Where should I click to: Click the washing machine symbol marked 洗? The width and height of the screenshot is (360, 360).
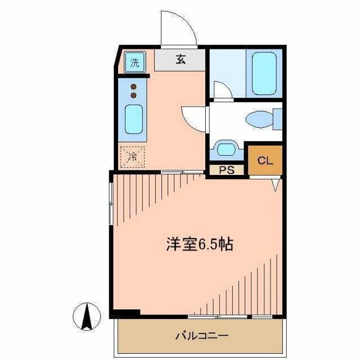[x=135, y=62]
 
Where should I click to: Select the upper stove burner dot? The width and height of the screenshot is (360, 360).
[x=134, y=87]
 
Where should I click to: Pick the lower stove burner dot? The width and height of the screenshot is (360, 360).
[x=134, y=95]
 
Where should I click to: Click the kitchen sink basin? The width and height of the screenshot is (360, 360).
[x=134, y=119]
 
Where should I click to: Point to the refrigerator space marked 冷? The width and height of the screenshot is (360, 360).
[x=133, y=157]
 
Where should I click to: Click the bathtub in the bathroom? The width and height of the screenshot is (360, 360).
[x=264, y=74]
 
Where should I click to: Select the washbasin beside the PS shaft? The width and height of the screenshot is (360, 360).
[x=226, y=149]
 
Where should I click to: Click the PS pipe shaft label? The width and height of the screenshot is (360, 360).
[x=227, y=170]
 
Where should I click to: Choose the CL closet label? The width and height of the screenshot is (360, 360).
[x=265, y=160]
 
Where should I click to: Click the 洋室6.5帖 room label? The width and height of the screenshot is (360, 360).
[x=200, y=244]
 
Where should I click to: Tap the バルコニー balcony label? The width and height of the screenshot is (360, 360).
[x=202, y=336]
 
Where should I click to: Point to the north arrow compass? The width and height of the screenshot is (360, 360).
[x=87, y=317]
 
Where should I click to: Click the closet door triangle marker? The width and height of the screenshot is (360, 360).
[x=276, y=185]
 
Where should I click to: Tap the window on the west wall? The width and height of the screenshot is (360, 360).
[x=111, y=204]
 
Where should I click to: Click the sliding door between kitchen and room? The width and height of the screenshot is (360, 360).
[x=182, y=172]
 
